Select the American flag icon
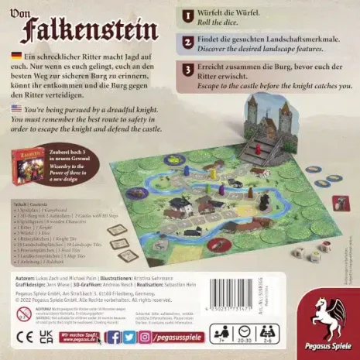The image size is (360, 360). click(16, 110)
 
